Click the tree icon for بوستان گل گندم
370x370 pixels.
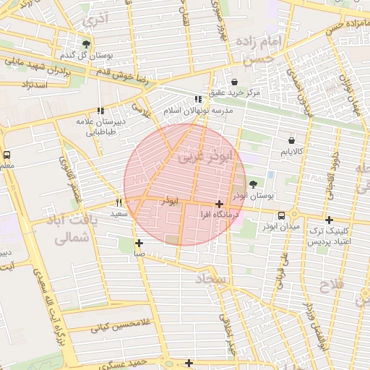(x=87, y=44)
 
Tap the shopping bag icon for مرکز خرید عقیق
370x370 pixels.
(x=235, y=82)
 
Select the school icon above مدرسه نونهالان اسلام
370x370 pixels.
(x=198, y=99)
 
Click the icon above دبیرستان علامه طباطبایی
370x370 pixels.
(x=100, y=111)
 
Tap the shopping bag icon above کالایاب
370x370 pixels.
(x=291, y=140)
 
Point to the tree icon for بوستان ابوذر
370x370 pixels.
(x=252, y=184)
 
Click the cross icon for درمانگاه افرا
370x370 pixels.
(x=219, y=205)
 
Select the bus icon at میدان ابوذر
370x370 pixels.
(x=281, y=215)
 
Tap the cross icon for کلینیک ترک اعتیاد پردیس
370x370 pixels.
(x=329, y=220)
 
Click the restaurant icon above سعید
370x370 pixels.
(x=119, y=203)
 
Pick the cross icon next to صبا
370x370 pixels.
(x=139, y=243)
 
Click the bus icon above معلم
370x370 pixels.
(x=7, y=155)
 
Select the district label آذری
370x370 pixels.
(x=94, y=20)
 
